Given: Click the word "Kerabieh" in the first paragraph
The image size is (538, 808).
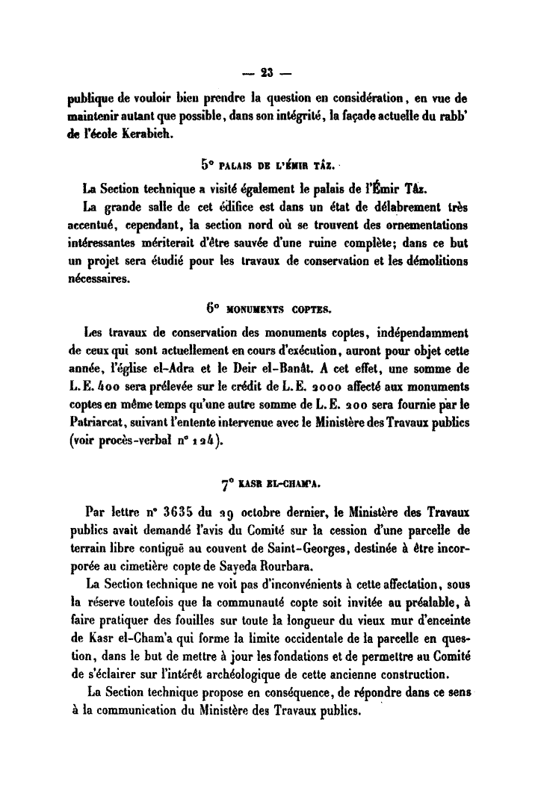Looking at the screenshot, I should tap(144, 134).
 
